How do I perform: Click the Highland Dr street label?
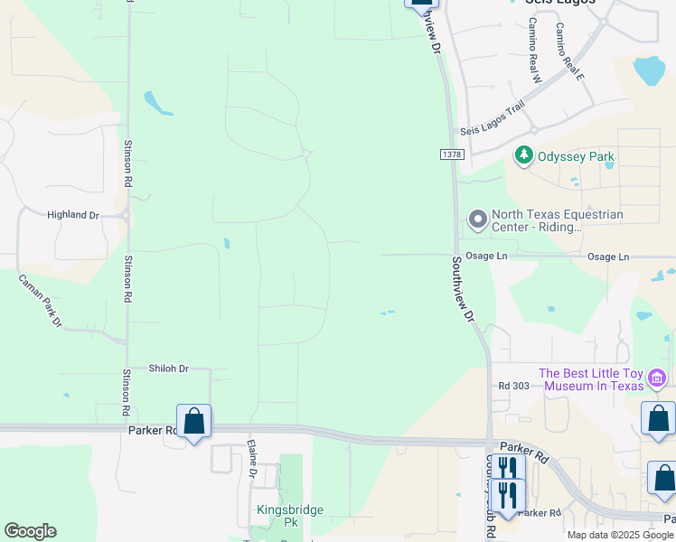[x=72, y=215]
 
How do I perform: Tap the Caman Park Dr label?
[x=41, y=301]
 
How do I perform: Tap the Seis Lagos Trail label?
[x=492, y=131]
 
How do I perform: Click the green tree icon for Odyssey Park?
[x=523, y=156]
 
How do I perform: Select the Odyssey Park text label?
[x=576, y=156]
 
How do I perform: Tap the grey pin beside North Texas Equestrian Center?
[x=477, y=220]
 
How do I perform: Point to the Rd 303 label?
[x=513, y=386]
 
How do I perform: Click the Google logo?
[x=30, y=531]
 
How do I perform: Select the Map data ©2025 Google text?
[x=619, y=535]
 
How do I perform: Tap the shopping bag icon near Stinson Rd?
[x=193, y=421]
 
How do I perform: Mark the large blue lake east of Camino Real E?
[x=649, y=69]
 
